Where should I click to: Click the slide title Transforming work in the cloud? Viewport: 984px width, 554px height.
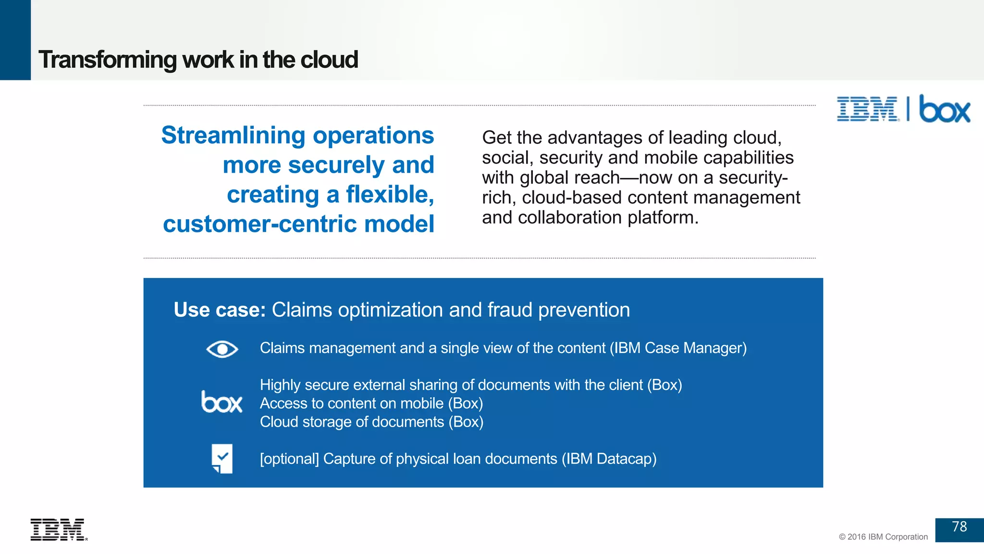[198, 60]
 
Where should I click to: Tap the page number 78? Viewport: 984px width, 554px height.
[959, 527]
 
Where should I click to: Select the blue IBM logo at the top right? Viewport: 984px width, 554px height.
[867, 109]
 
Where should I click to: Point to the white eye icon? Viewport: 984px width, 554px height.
[222, 349]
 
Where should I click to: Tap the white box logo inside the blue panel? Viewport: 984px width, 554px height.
[221, 402]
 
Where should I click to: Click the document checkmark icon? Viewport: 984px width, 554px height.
[222, 459]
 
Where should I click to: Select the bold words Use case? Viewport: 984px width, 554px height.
[220, 310]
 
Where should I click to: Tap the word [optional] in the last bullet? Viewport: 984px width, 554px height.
[289, 459]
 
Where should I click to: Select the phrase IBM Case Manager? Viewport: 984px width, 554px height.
[678, 348]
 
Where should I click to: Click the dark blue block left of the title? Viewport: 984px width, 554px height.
[15, 40]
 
